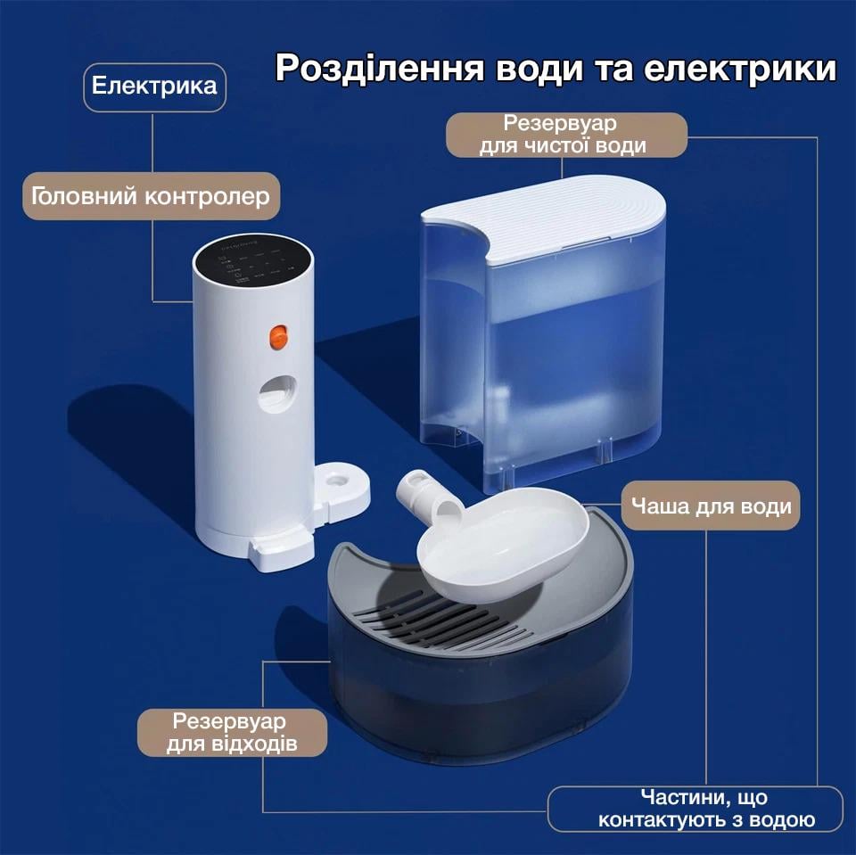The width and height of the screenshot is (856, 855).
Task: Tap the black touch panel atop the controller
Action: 253,259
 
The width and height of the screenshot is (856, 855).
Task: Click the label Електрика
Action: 154,86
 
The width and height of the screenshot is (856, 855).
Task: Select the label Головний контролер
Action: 151,196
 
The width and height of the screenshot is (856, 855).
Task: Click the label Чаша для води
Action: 711,506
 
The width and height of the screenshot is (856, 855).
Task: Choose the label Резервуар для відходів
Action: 232,732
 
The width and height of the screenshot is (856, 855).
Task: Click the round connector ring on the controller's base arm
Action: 340,481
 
